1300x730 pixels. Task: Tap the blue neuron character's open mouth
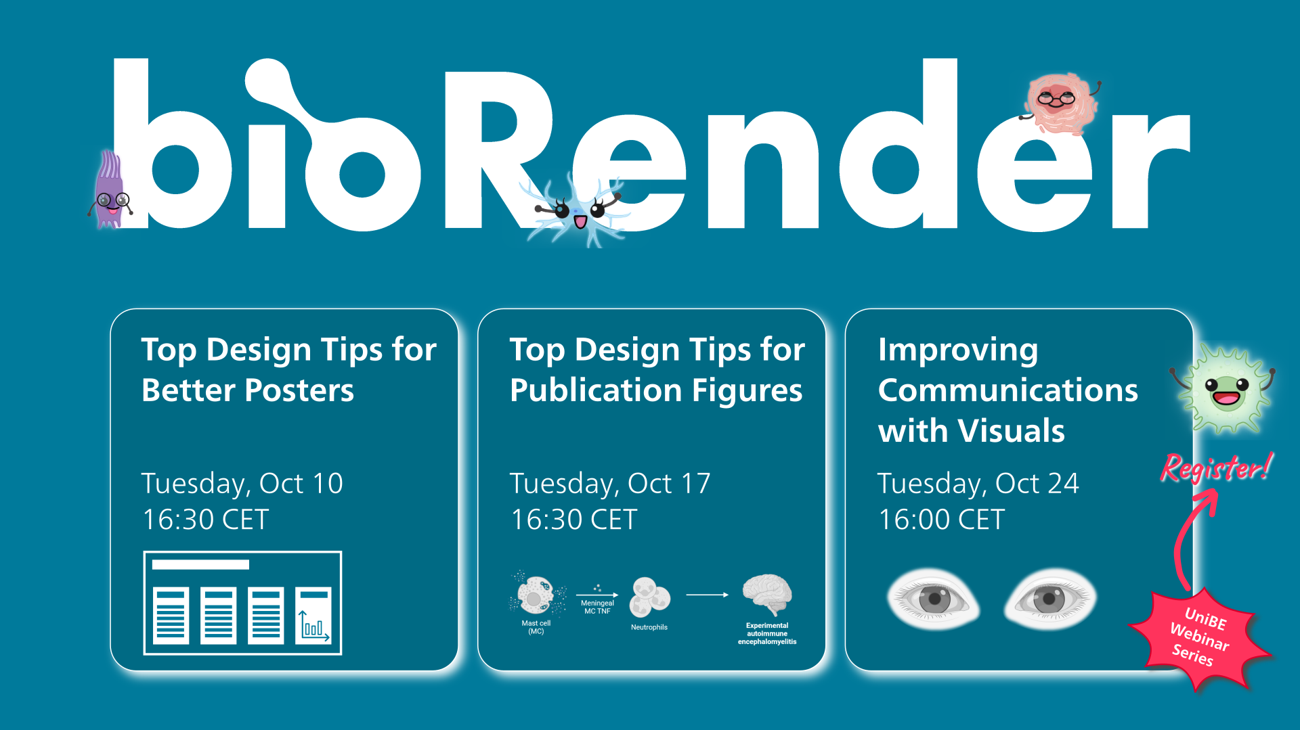click(x=580, y=221)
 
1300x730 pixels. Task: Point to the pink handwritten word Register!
click(x=1217, y=467)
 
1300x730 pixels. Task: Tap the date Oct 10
click(x=301, y=483)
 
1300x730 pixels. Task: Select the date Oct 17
click(x=669, y=483)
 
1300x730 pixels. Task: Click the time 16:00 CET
click(x=941, y=520)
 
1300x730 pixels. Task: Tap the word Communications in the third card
click(x=1008, y=390)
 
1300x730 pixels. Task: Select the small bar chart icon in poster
click(x=313, y=615)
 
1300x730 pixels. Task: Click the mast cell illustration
click(x=537, y=594)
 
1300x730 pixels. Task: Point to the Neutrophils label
click(x=649, y=627)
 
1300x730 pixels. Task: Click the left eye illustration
click(x=933, y=599)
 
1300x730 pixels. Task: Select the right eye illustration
click(x=1049, y=599)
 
